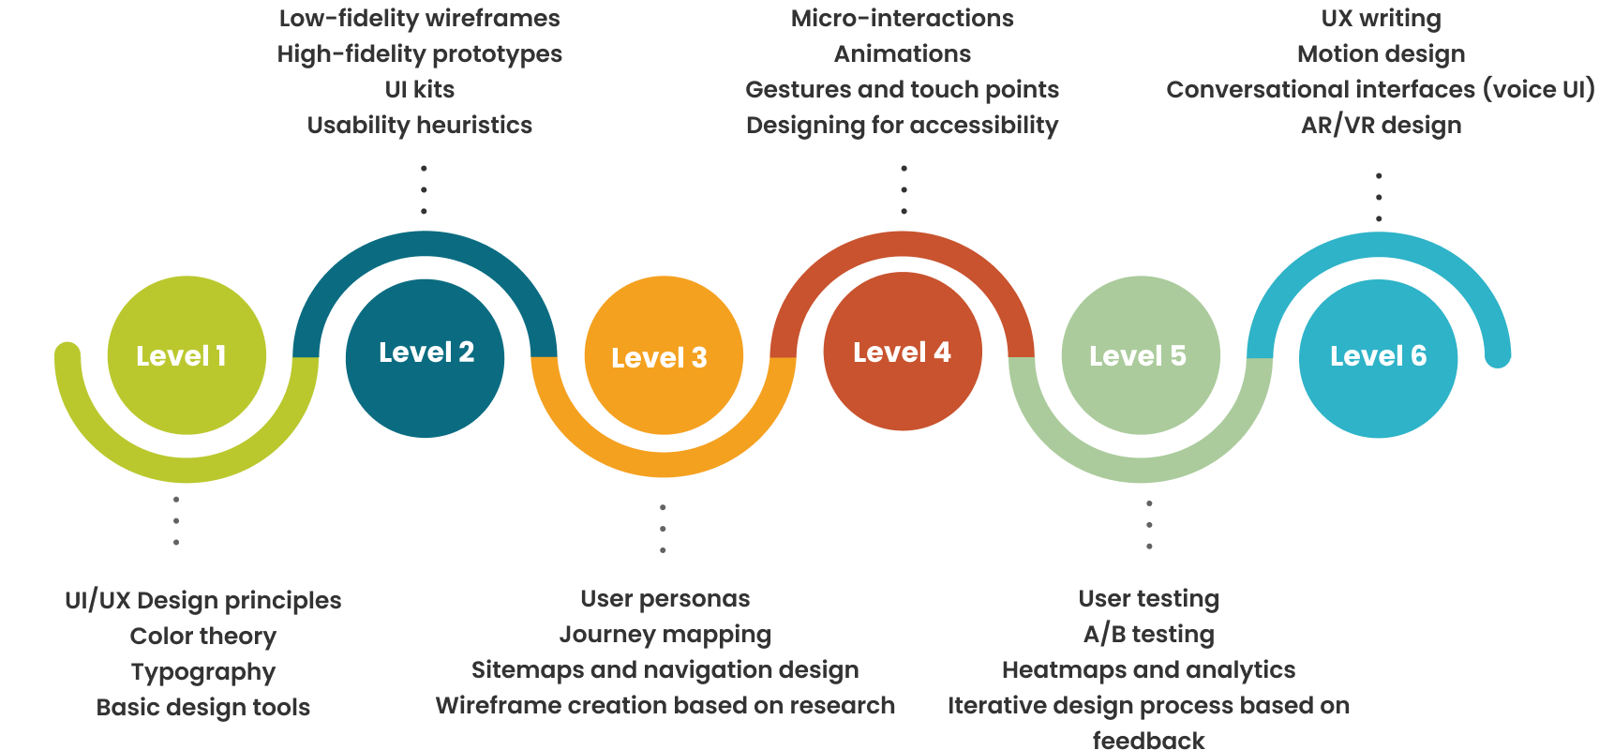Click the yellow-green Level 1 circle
click(187, 355)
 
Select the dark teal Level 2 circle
click(425, 357)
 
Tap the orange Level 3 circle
click(664, 355)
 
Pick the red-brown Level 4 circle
click(903, 352)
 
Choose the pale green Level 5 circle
click(1141, 355)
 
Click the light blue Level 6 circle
click(1379, 358)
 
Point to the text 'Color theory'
click(203, 637)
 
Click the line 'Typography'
click(203, 672)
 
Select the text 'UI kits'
click(420, 90)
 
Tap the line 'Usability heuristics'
click(420, 126)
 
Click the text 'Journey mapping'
click(665, 635)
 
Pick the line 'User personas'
click(665, 599)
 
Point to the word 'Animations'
click(903, 54)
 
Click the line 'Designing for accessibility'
click(903, 126)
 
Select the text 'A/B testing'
click(1149, 635)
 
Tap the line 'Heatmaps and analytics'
click(1149, 670)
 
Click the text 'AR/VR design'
click(1382, 126)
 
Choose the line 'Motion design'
click(1382, 54)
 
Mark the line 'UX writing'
click(1382, 19)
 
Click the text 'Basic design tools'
click(203, 708)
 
